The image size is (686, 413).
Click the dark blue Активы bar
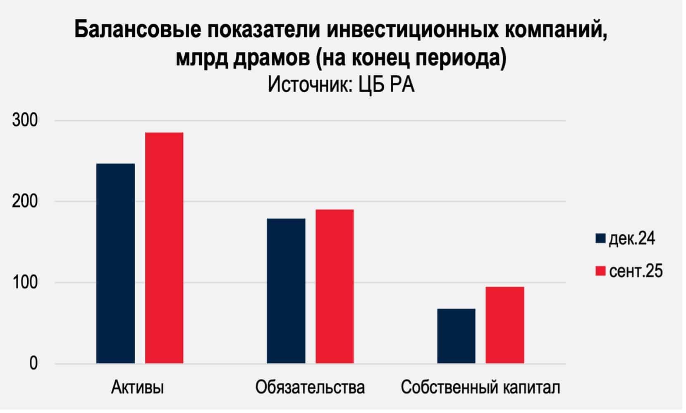[115, 263]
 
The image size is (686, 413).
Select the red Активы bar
[164, 248]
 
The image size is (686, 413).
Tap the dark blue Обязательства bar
[286, 291]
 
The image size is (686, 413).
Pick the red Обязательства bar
[335, 286]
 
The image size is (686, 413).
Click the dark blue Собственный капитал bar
[456, 336]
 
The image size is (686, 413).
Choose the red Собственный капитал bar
[505, 325]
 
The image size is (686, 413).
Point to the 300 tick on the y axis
[25, 121]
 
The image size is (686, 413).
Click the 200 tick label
[25, 202]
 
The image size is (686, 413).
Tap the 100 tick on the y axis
[25, 283]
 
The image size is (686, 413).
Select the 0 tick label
[33, 364]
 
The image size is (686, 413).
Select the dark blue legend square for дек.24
[600, 239]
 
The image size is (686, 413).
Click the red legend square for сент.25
[600, 271]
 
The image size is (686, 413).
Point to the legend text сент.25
[636, 271]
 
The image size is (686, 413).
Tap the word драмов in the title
[271, 58]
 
